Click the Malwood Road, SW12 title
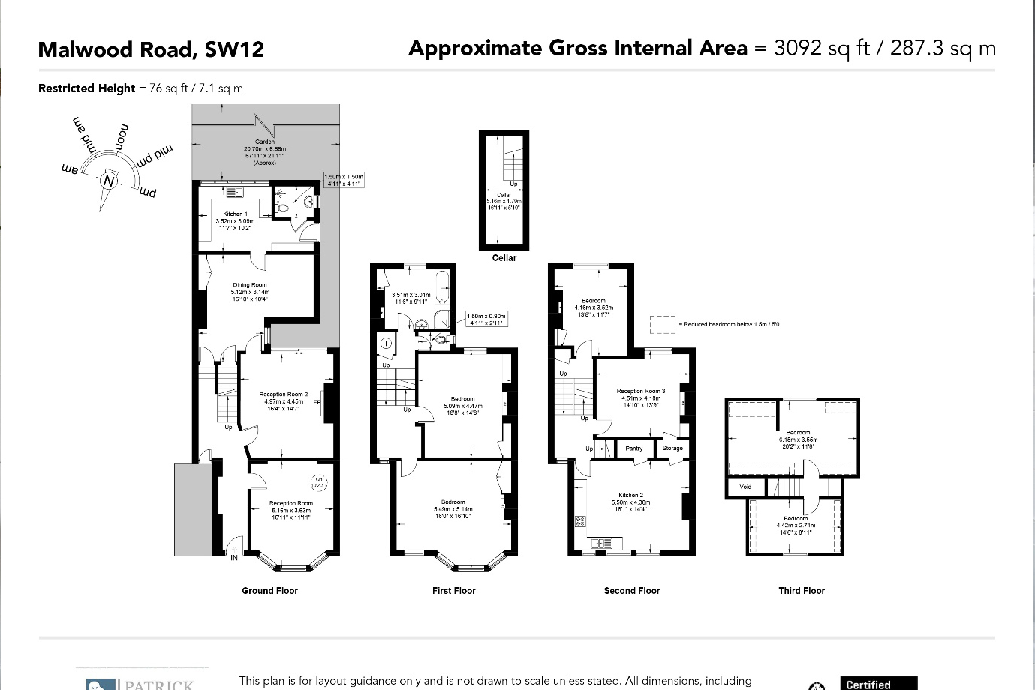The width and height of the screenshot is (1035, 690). (151, 50)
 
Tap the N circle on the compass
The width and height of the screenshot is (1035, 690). (110, 181)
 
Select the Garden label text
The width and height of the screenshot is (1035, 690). (265, 142)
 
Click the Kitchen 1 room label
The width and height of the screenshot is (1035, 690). (235, 214)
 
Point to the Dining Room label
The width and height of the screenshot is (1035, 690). (250, 285)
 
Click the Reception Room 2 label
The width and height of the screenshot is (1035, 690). (284, 394)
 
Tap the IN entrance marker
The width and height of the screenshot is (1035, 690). (234, 558)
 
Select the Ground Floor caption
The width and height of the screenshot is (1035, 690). (269, 591)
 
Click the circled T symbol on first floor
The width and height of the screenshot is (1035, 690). (387, 343)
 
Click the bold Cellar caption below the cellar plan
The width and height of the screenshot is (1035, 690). (504, 258)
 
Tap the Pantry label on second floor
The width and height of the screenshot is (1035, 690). (634, 448)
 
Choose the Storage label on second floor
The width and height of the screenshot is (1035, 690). (672, 448)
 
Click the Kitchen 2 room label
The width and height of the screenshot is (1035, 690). (630, 496)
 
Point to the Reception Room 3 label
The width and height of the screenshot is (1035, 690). (641, 391)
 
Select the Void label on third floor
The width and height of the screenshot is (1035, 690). (745, 487)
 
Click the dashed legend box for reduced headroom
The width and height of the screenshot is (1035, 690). (662, 324)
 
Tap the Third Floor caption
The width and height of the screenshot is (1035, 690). (802, 591)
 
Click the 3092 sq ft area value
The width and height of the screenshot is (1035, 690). (821, 49)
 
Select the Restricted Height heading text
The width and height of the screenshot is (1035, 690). (86, 88)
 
